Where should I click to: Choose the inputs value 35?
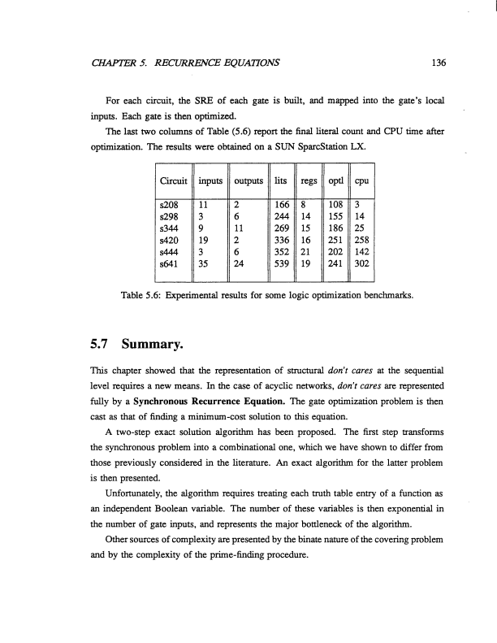click(205, 263)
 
